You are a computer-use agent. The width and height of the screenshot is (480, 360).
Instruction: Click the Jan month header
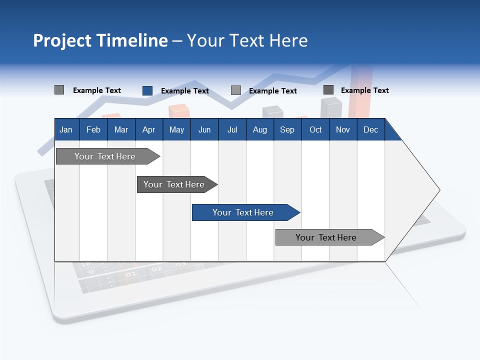pos(66,129)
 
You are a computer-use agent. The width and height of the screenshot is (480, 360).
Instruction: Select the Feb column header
pos(93,129)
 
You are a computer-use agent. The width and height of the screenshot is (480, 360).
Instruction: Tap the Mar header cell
pos(121,129)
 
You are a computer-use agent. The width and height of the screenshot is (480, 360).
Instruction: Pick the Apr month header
pos(148,129)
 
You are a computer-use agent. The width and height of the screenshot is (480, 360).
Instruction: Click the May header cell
pos(176,129)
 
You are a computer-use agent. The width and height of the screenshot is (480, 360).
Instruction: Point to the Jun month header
pos(204,129)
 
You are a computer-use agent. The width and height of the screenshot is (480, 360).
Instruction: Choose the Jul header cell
pos(232,129)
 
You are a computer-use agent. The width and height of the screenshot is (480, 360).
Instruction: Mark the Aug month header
pos(260,129)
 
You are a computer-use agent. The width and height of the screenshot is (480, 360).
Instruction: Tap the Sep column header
pos(287,129)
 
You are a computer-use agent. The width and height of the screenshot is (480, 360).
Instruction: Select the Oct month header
pos(315,129)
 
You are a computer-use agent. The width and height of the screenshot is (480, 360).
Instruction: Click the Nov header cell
pos(343,129)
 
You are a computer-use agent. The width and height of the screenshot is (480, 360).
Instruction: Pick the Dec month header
pos(370,129)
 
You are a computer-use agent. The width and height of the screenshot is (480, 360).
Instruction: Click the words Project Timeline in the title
pos(100,40)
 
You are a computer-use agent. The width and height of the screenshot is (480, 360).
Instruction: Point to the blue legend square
pos(147,90)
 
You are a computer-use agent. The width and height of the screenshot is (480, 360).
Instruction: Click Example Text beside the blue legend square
pos(184,91)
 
